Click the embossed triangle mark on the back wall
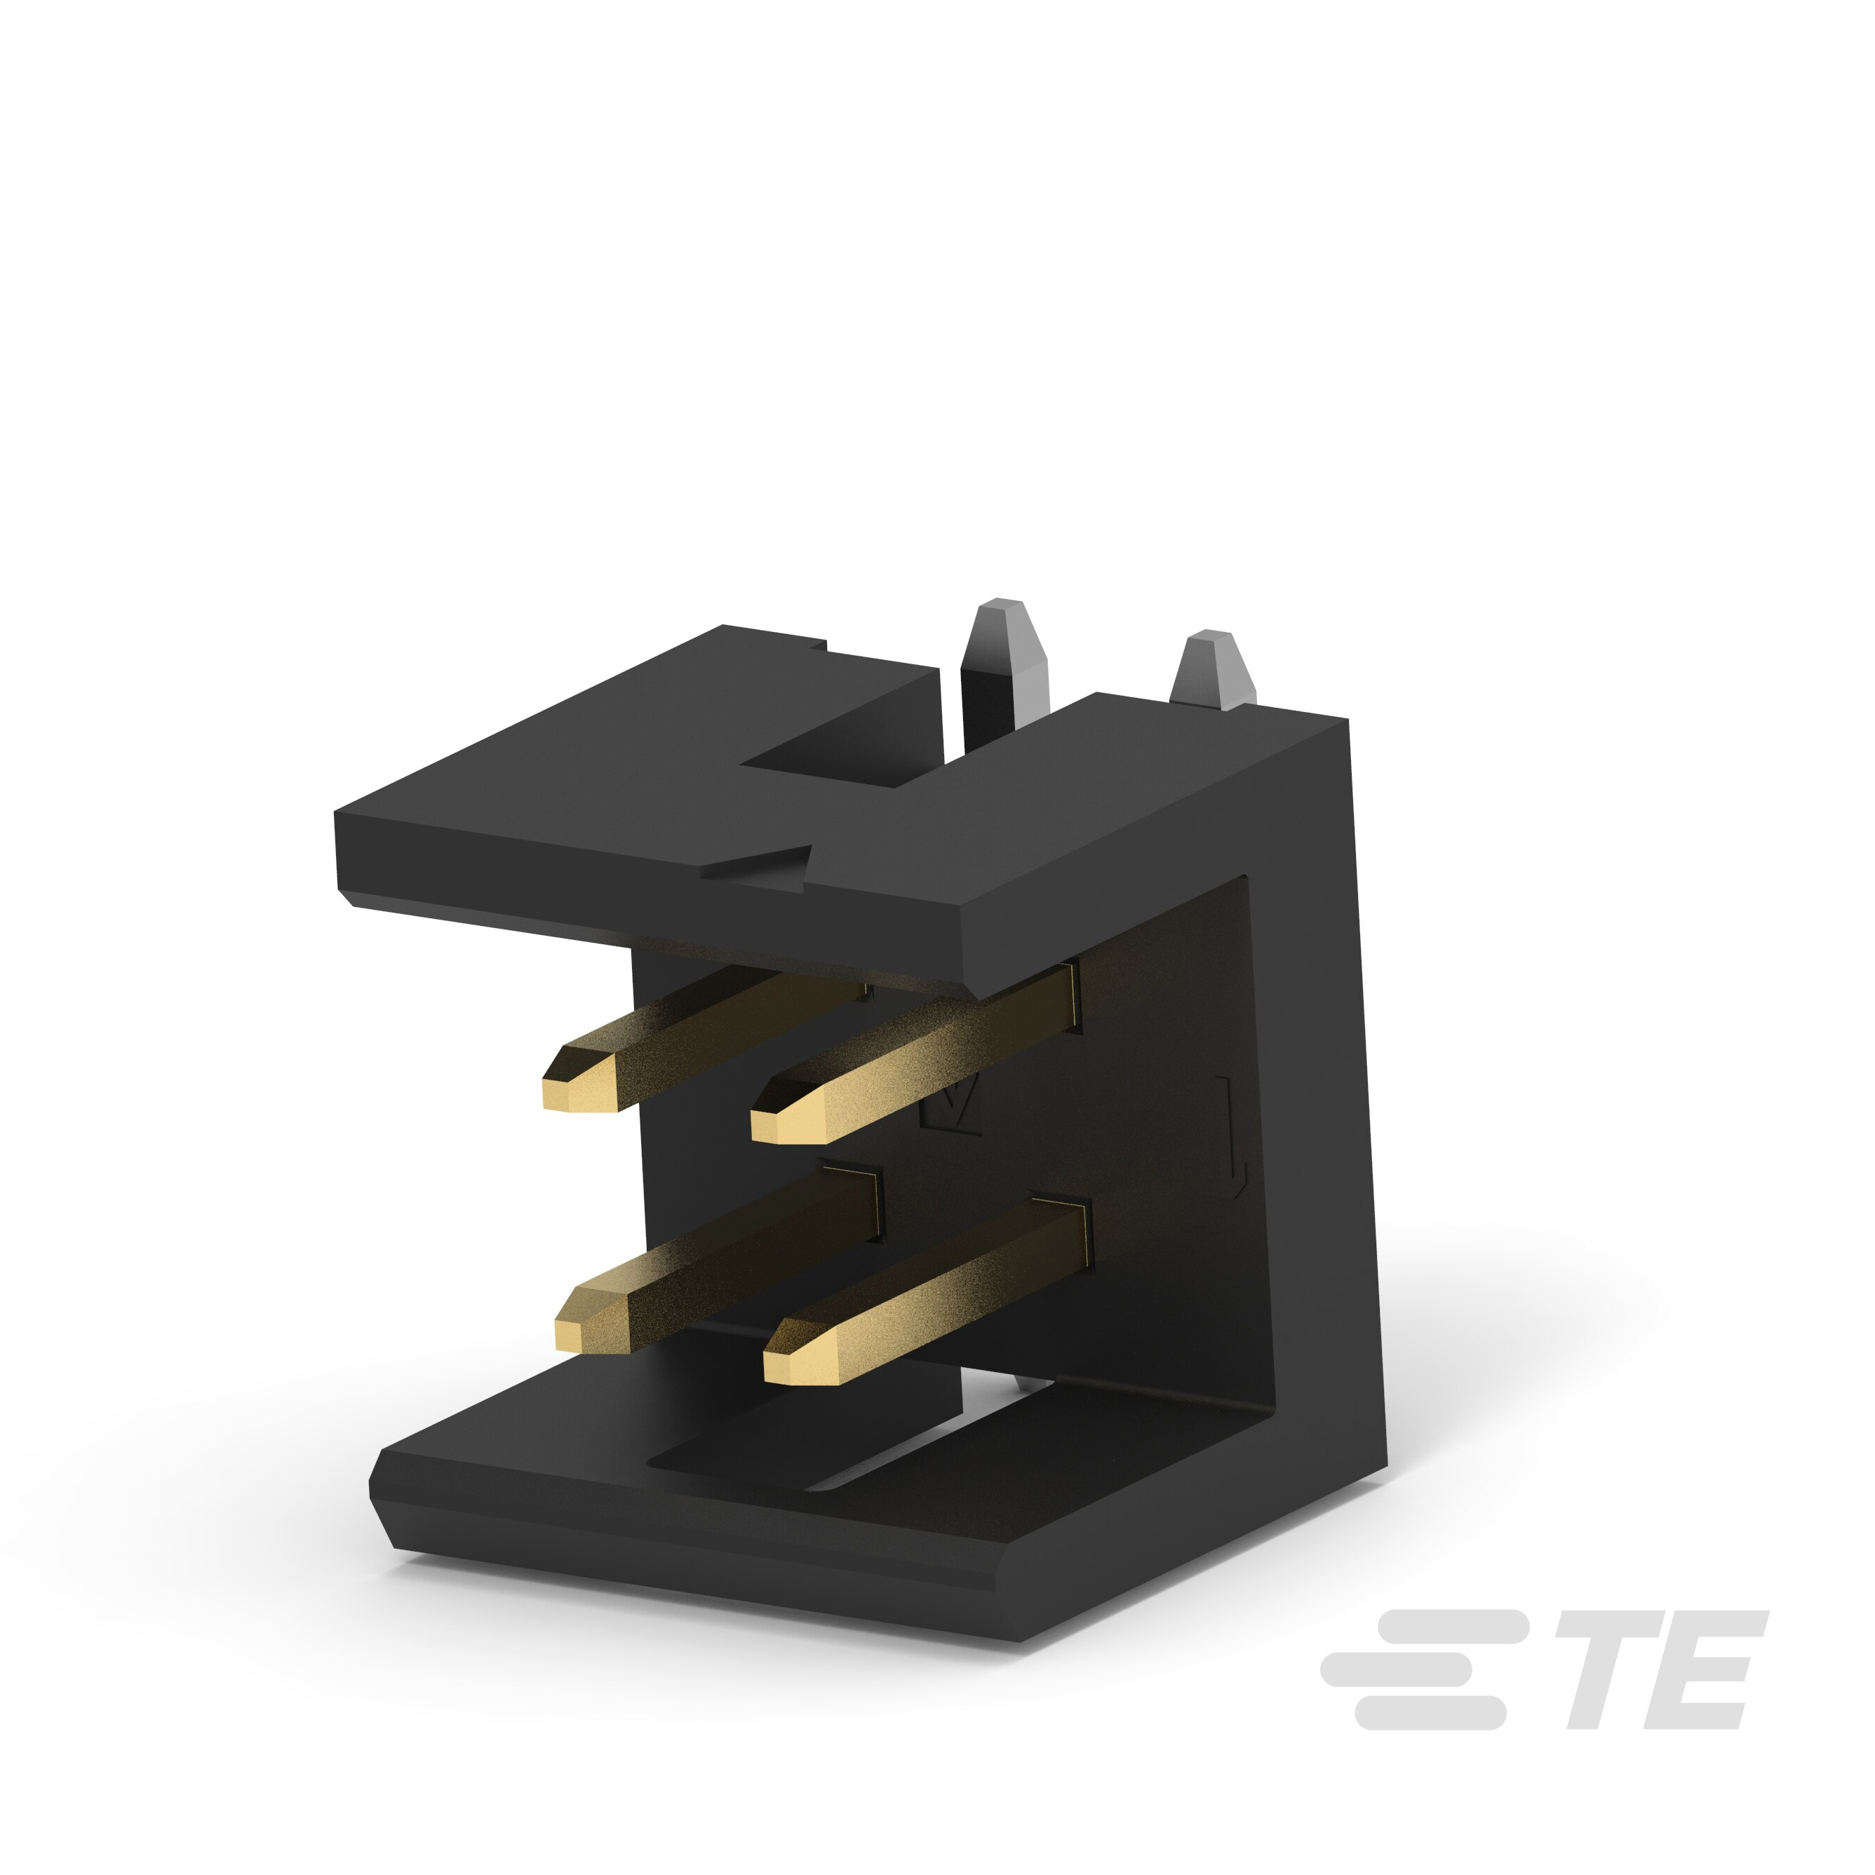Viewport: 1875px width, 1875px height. coord(951,1106)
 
